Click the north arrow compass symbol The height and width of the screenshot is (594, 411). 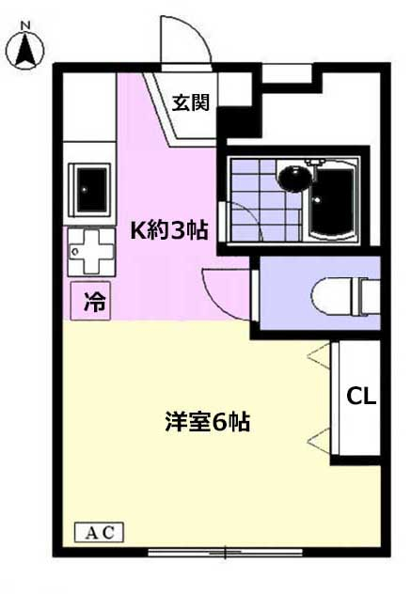point(28,48)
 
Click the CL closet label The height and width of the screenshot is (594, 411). point(362,396)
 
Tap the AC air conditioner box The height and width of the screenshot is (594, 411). point(99,532)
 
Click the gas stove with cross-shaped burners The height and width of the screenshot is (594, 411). point(91,251)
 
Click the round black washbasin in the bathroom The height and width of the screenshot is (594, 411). point(294,176)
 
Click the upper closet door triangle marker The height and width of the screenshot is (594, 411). point(321,356)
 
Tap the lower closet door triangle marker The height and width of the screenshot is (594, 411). point(321,434)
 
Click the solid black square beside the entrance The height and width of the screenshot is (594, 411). point(238,120)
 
